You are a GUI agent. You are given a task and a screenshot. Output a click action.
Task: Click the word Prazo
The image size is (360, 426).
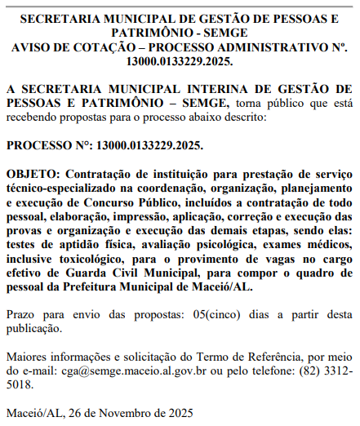[x=21, y=314]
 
